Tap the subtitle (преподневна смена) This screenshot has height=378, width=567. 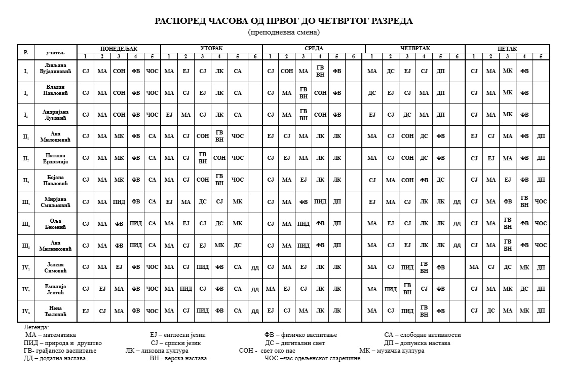click(284, 32)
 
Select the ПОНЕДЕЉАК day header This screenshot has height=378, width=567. click(119, 49)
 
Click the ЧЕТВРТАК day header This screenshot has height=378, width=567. click(415, 49)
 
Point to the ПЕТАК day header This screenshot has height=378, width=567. click(507, 49)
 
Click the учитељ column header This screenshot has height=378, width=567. click(56, 52)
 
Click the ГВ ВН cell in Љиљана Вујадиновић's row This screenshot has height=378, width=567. click(320, 71)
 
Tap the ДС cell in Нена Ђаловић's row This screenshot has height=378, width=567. click(490, 311)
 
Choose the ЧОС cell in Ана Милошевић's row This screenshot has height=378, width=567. click(237, 136)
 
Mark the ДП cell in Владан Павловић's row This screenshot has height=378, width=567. click(440, 93)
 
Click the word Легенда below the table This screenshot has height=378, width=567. click(36, 328)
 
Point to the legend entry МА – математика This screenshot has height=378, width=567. click(51, 335)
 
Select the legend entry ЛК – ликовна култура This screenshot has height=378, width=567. click(157, 351)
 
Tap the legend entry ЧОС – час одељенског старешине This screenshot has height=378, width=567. click(312, 358)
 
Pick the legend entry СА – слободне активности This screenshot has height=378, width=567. click(422, 335)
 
